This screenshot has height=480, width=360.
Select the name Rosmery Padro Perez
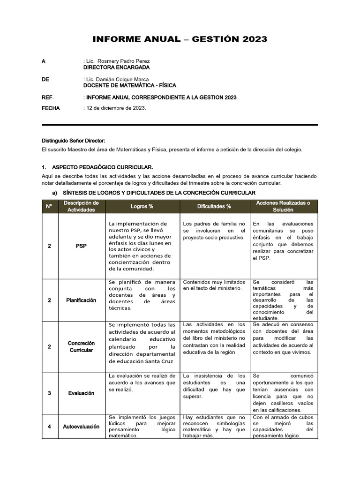pyautogui.click(x=127, y=61)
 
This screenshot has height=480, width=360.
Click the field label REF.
pyautogui.click(x=48, y=97)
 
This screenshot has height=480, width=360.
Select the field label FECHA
pyautogui.click(x=51, y=108)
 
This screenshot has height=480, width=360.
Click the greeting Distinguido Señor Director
pyautogui.click(x=74, y=141)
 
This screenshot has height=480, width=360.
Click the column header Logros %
pyautogui.click(x=142, y=206)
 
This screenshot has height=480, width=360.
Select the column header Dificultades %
pyautogui.click(x=214, y=206)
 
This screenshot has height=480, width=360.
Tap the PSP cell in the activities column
pyautogui.click(x=81, y=246)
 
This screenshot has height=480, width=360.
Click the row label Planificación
pyautogui.click(x=81, y=300)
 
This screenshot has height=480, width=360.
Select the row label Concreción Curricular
pyautogui.click(x=81, y=347)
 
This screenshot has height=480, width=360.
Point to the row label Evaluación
pyautogui.click(x=81, y=393)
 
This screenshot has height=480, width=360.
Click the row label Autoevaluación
pyautogui.click(x=81, y=427)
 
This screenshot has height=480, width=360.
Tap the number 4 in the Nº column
pyautogui.click(x=49, y=427)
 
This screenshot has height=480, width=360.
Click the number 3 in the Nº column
pyautogui.click(x=49, y=393)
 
